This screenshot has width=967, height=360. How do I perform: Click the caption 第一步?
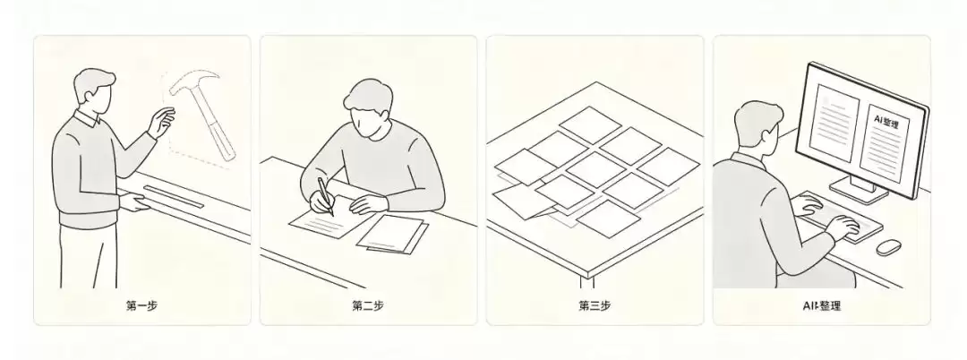point(141,305)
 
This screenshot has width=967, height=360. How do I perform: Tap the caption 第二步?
point(368,305)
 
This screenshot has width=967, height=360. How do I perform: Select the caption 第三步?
point(595,305)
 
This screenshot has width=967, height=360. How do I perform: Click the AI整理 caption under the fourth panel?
point(821,305)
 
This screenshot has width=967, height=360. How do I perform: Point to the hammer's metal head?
point(192,84)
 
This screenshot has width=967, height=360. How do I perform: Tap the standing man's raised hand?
point(161,122)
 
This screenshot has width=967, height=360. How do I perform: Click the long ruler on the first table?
point(174,196)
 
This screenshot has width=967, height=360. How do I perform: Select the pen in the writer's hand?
point(326,196)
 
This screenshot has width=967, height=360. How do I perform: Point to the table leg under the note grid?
point(587,282)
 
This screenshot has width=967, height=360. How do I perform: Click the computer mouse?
point(889,247)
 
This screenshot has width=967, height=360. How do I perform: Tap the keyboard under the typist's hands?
point(840,217)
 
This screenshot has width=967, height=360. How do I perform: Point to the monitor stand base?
point(859,189)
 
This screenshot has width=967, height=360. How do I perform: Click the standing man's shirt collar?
point(88,117)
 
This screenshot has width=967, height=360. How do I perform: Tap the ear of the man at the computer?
point(766,135)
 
